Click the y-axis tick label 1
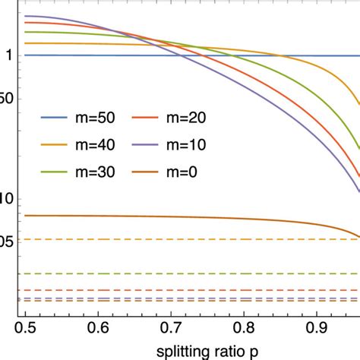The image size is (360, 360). pyautogui.click(x=9, y=55)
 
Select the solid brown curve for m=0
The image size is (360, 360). pyautogui.click(x=152, y=217)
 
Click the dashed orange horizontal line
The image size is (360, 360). pyautogui.click(x=190, y=240)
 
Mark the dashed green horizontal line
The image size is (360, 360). pyautogui.click(x=190, y=273)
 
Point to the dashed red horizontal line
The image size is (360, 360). pyautogui.click(x=190, y=290)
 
